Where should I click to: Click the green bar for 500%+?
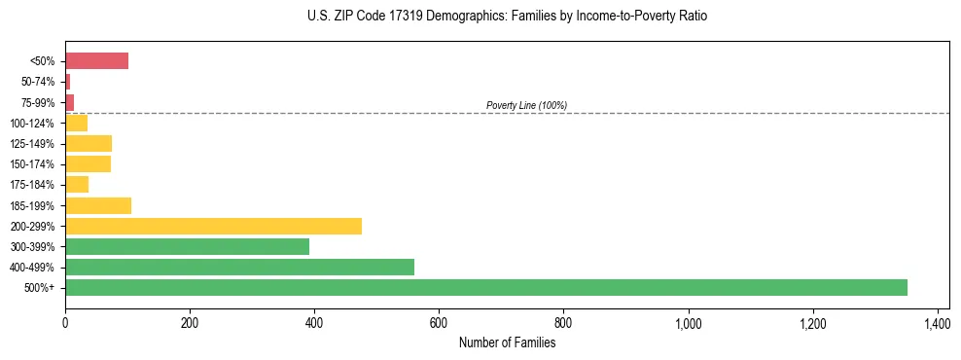click(x=486, y=287)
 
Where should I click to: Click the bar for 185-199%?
click(x=98, y=205)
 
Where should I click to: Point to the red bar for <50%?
click(x=96, y=61)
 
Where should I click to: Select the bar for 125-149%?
click(x=89, y=143)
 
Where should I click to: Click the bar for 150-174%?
click(x=88, y=164)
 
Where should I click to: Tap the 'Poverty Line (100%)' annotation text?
click(x=526, y=105)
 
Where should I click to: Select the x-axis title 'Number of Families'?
click(x=507, y=342)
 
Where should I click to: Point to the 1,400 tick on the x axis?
click(x=937, y=322)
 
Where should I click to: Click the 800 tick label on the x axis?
click(x=563, y=322)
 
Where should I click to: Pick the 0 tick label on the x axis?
click(x=65, y=322)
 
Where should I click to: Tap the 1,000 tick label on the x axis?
click(x=688, y=322)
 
